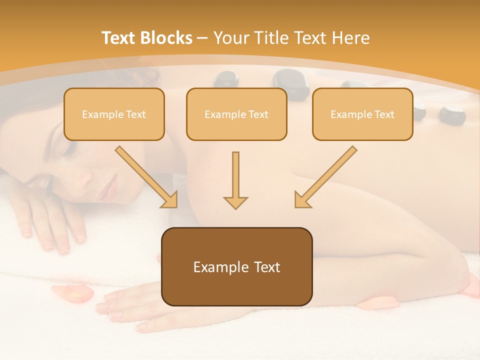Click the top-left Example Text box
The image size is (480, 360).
pyautogui.click(x=114, y=114)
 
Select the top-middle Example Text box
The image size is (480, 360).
pyautogui.click(x=236, y=114)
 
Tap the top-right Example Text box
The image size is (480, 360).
pyautogui.click(x=362, y=114)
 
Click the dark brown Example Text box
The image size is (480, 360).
pyautogui.click(x=236, y=267)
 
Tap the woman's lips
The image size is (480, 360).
pyautogui.click(x=110, y=190)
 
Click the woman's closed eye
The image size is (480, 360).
pyautogui.click(x=70, y=150)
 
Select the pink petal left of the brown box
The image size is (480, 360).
pyautogui.click(x=72, y=293)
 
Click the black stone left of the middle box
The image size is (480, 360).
pyautogui.click(x=226, y=79)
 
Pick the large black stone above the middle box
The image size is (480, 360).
pyautogui.click(x=290, y=80)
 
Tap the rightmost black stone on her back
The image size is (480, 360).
pyautogui.click(x=452, y=114)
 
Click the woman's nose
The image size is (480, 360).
pyautogui.click(x=97, y=172)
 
